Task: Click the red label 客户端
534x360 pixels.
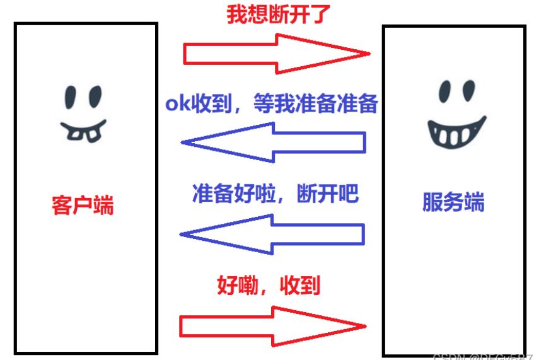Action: [x=83, y=206]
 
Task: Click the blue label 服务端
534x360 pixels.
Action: [x=453, y=203]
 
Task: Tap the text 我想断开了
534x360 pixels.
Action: [x=279, y=15]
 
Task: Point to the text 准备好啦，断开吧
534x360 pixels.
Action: [x=275, y=194]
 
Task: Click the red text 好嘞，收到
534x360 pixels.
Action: [x=269, y=286]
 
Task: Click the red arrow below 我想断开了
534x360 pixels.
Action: [x=275, y=53]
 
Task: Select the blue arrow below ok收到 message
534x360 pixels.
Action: [x=273, y=142]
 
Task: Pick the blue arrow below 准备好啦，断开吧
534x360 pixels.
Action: [x=273, y=234]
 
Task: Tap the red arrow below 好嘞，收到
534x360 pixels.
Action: [x=273, y=326]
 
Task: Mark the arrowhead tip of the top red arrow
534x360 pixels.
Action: [x=368, y=54]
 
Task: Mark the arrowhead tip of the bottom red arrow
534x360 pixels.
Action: [x=366, y=326]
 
